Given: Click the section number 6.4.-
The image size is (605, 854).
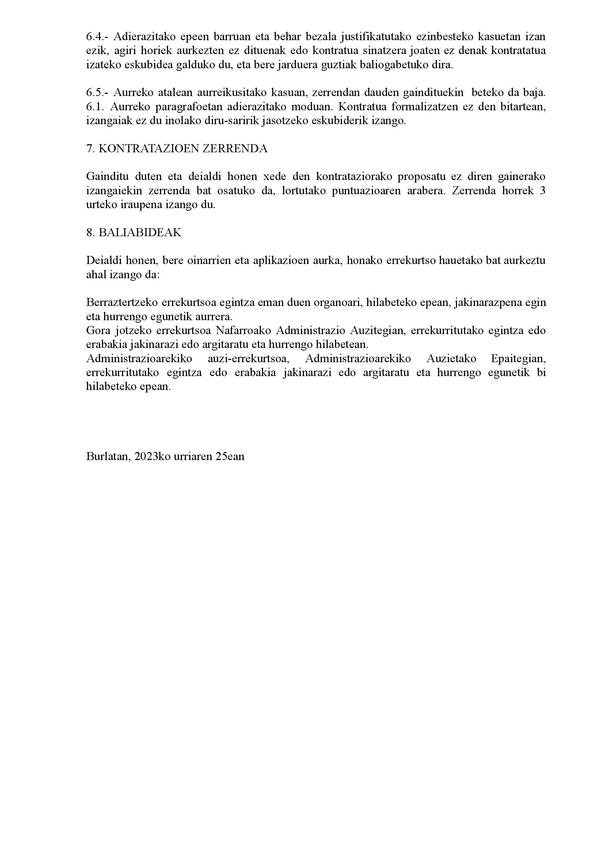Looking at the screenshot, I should click(98, 37).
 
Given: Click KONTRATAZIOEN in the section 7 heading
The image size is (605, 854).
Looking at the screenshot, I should click(148, 149).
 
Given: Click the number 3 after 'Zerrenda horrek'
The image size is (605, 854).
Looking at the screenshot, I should click(543, 191).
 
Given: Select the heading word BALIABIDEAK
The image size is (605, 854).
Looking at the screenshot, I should click(140, 233).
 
